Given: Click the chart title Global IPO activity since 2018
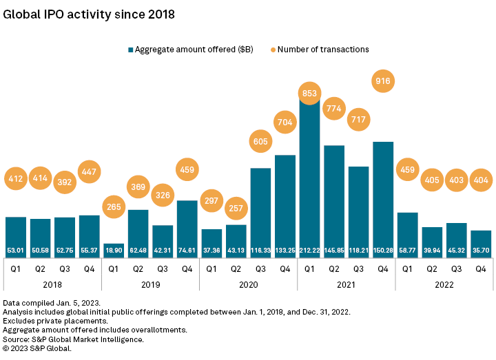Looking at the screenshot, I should pyautogui.click(x=89, y=14).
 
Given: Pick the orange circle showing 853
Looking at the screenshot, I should pyautogui.click(x=309, y=93).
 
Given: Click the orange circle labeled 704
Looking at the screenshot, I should pyautogui.click(x=285, y=124).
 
